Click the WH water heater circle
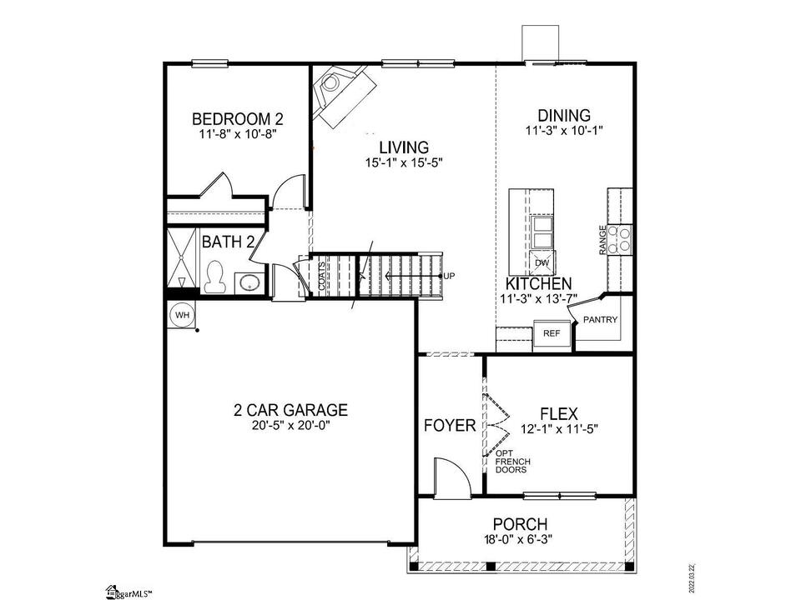[182, 315]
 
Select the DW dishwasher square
[542, 262]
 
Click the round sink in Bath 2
[249, 283]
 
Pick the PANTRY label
[600, 320]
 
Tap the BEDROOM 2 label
[238, 119]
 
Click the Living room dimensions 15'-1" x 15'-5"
[404, 163]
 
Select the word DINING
[564, 115]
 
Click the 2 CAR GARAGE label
[290, 410]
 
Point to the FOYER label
[450, 425]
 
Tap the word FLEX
[559, 413]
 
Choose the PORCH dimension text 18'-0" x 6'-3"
[518, 538]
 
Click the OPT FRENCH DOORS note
[512, 461]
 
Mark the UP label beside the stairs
[449, 276]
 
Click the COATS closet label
[322, 277]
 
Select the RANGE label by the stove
[602, 240]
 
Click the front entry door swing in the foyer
[452, 477]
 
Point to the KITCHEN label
[538, 283]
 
